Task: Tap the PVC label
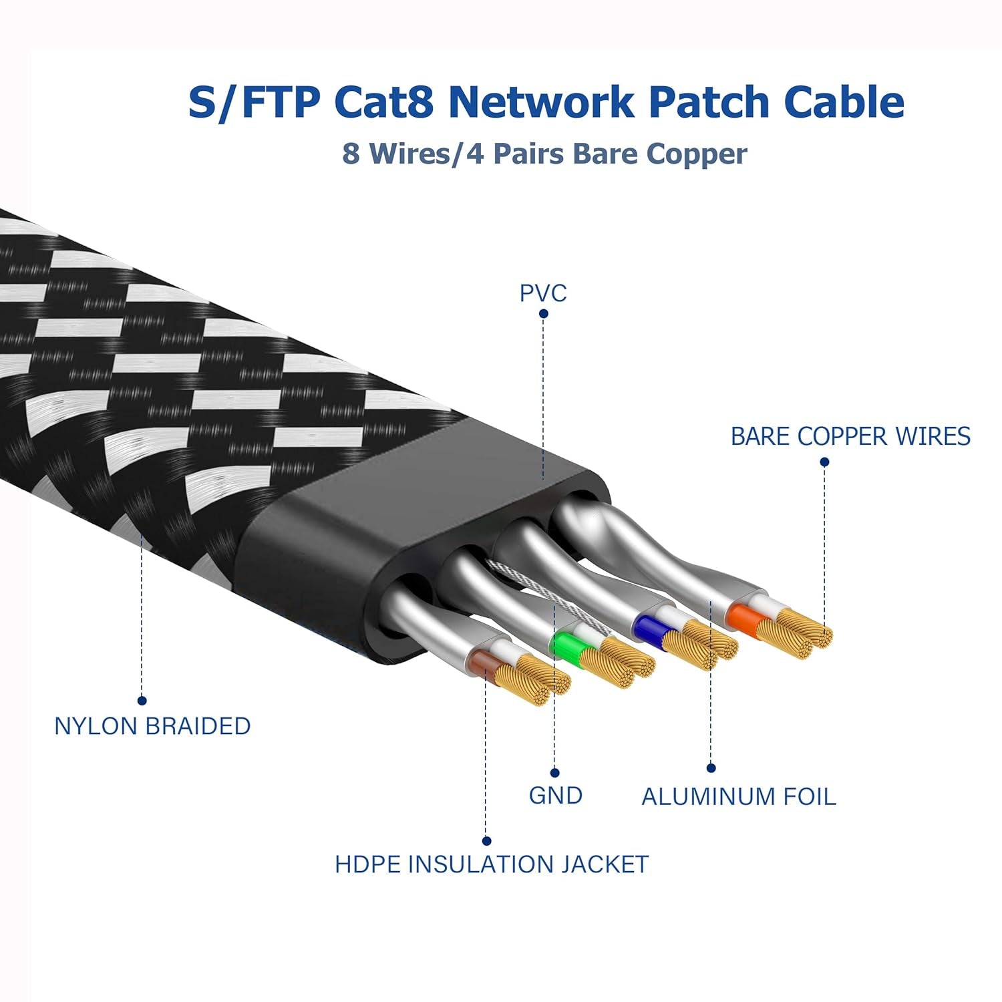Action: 543,293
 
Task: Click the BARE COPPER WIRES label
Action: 850,436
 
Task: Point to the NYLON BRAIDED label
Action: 152,726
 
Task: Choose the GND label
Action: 555,796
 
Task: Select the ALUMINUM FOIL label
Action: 738,797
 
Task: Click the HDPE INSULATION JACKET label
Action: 492,864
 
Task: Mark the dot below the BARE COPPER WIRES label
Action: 824,462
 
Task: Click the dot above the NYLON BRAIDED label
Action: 142,701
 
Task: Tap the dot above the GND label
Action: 555,773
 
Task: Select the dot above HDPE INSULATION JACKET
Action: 486,841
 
